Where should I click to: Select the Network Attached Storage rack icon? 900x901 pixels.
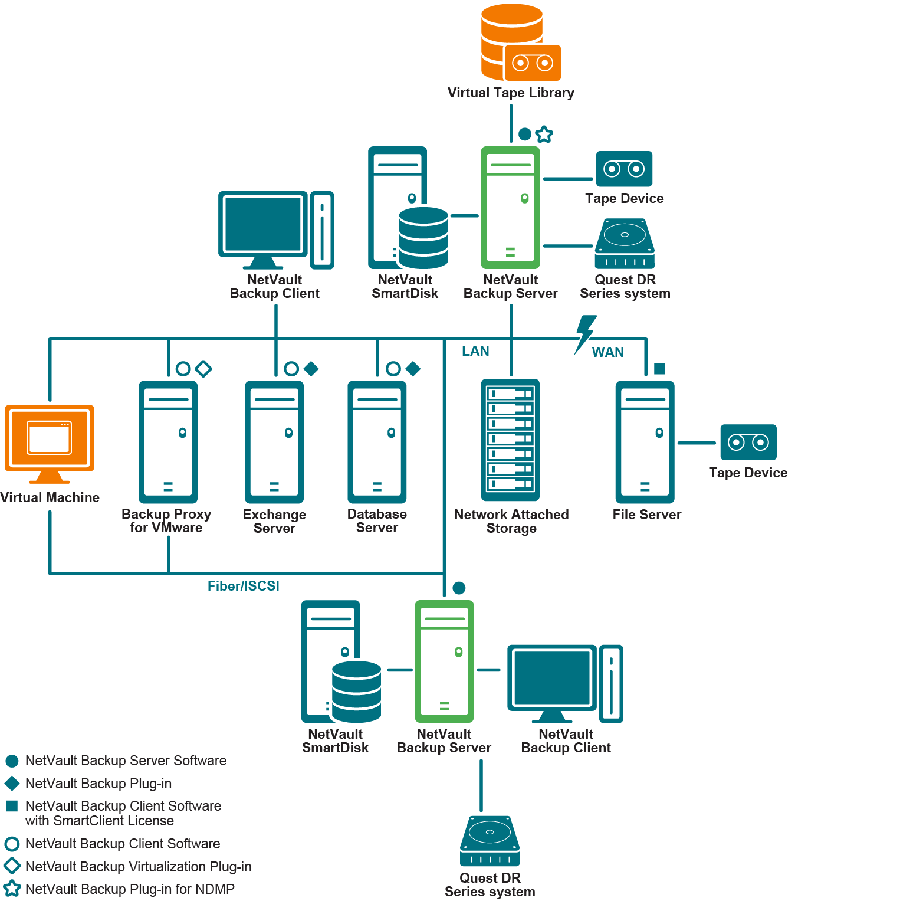(x=511, y=440)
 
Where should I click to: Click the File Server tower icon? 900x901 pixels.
(x=645, y=442)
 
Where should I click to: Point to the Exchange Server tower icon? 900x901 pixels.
(x=274, y=442)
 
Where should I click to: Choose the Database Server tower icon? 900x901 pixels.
(x=377, y=442)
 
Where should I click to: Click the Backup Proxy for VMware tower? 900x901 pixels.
(x=168, y=442)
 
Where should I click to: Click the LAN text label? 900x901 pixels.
(x=475, y=351)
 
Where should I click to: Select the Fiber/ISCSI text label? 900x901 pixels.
(x=243, y=586)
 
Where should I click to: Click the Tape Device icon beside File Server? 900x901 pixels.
(x=748, y=442)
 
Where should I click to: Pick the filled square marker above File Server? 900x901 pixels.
(x=660, y=369)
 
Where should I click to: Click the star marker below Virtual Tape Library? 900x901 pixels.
(x=544, y=135)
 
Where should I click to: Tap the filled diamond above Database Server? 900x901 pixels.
(x=413, y=369)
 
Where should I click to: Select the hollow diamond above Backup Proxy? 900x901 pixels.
(x=203, y=369)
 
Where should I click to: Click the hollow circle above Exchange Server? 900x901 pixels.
(x=291, y=369)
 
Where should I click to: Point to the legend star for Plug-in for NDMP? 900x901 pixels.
(x=12, y=889)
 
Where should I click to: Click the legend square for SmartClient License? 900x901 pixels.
(x=12, y=806)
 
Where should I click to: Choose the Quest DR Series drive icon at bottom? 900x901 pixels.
(x=490, y=841)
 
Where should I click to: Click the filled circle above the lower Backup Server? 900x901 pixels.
(x=459, y=588)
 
